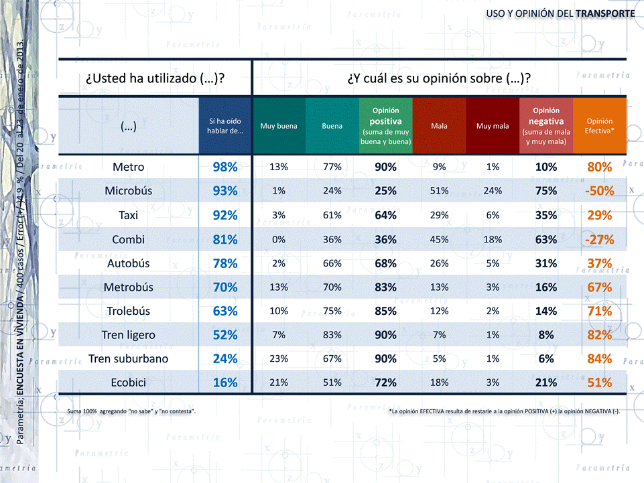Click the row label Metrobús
(x=129, y=287)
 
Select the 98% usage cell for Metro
(x=225, y=167)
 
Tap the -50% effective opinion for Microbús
(x=599, y=191)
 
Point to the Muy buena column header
(x=279, y=126)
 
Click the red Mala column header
(x=439, y=126)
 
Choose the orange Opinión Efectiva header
(x=599, y=126)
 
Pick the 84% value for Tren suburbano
(x=599, y=359)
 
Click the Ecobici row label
(x=129, y=383)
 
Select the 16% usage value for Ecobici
(x=225, y=383)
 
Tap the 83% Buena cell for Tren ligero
(x=332, y=335)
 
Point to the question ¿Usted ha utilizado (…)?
(x=154, y=78)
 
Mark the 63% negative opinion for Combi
(x=546, y=239)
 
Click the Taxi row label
(x=129, y=215)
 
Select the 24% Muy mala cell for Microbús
(x=493, y=191)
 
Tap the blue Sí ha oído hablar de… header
(x=225, y=126)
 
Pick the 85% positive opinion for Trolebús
(x=385, y=312)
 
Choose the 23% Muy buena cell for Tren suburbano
(x=279, y=359)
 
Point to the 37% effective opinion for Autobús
(x=599, y=263)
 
